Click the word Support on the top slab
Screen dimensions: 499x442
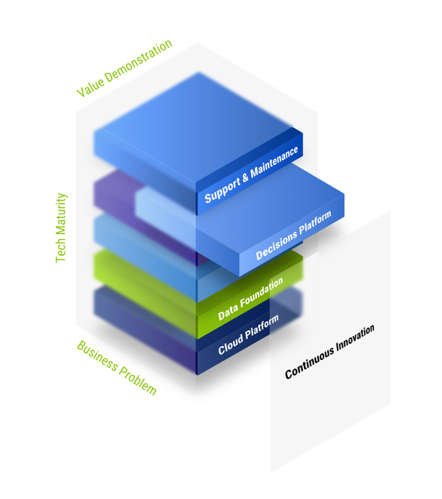click(222, 190)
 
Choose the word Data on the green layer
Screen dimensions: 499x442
click(227, 312)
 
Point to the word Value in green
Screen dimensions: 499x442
click(90, 88)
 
